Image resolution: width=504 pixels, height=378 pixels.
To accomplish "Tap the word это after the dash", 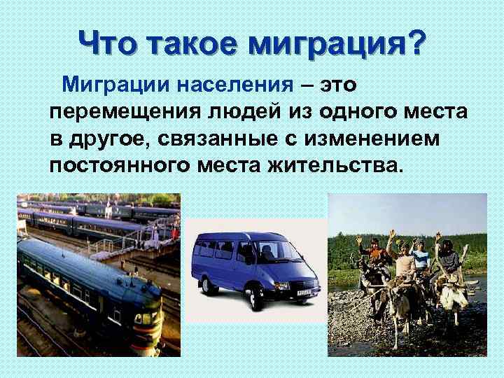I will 339,85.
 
